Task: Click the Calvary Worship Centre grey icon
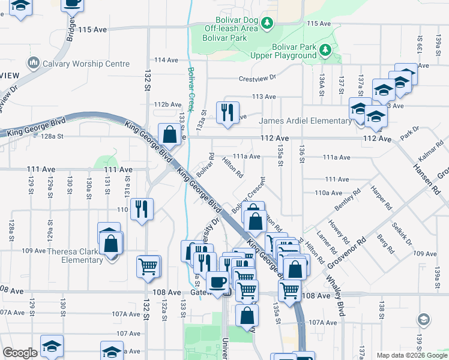(x=32, y=63)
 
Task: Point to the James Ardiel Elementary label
(x=305, y=121)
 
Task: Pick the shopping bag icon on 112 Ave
(x=170, y=134)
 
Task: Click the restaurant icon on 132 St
(x=141, y=209)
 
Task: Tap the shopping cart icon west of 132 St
(x=148, y=266)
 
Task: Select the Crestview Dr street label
(x=256, y=78)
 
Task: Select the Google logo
(x=20, y=353)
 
